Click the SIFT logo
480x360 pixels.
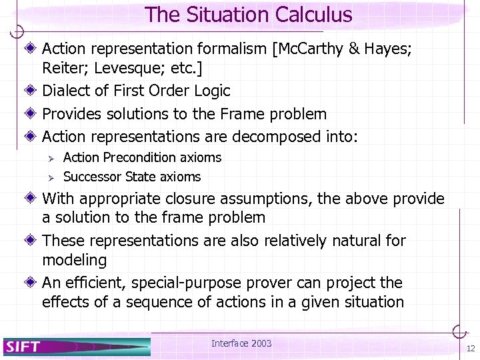(x=23, y=346)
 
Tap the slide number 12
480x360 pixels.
(x=471, y=349)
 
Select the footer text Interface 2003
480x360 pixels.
(x=241, y=343)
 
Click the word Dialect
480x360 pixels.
(x=65, y=91)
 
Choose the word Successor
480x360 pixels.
(x=89, y=177)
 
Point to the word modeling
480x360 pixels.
(x=74, y=259)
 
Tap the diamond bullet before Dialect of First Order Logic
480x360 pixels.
(x=33, y=91)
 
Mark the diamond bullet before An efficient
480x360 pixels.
(x=33, y=282)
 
